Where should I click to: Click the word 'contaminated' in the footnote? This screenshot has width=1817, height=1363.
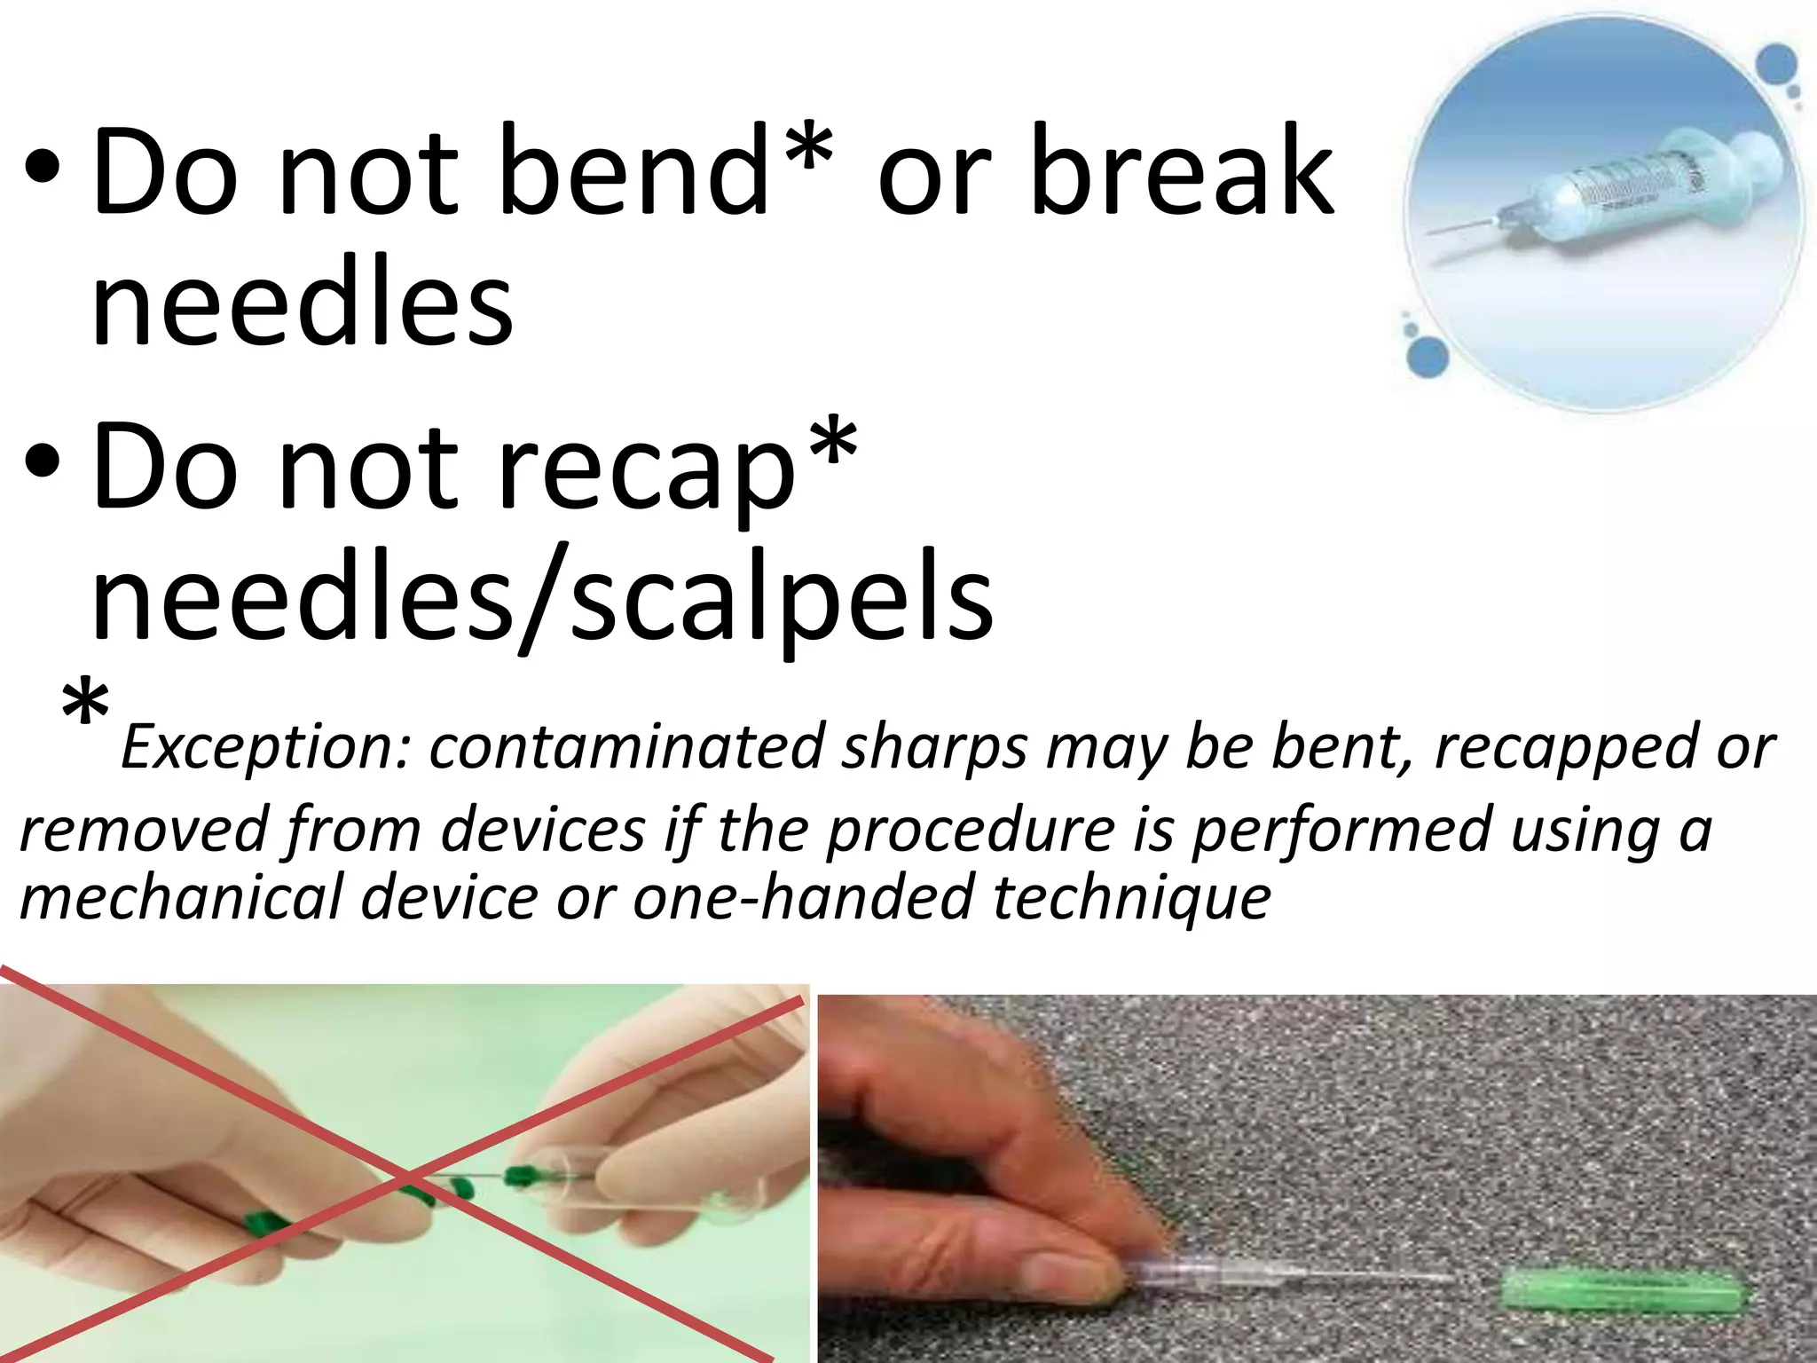point(626,747)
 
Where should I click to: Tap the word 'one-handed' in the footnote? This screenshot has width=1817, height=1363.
point(805,896)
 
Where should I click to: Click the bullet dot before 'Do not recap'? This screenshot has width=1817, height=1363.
point(43,465)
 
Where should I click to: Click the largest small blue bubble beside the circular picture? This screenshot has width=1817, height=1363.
point(1428,358)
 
